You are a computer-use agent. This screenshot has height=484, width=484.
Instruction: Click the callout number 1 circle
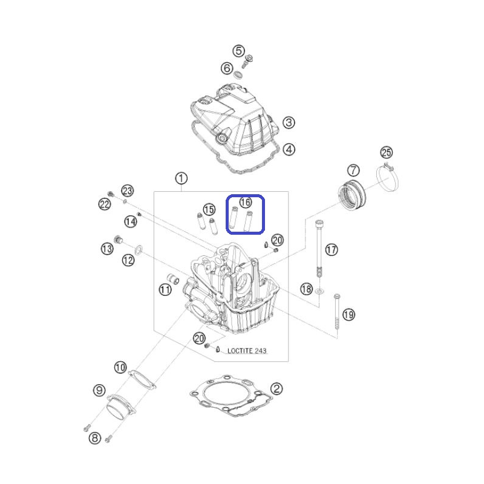click(x=181, y=178)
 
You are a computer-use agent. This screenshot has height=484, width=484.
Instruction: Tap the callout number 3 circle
click(x=289, y=123)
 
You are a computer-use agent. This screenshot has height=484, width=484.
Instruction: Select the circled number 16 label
click(x=246, y=203)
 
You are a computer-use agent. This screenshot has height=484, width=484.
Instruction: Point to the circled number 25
click(x=386, y=152)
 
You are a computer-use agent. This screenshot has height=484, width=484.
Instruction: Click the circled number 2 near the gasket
click(x=276, y=388)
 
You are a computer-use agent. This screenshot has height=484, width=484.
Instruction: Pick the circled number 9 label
click(x=99, y=390)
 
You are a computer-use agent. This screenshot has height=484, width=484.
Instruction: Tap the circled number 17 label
click(x=332, y=250)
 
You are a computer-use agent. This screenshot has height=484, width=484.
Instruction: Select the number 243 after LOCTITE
click(x=261, y=351)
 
